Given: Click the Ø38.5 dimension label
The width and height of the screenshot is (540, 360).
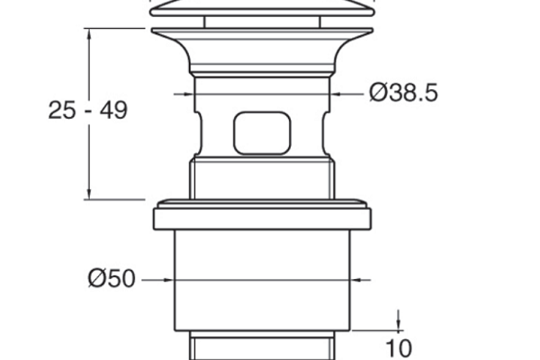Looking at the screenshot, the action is [403, 93].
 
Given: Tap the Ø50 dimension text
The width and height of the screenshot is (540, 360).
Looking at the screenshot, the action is [112, 278].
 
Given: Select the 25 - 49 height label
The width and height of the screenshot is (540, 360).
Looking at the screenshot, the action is [88, 110].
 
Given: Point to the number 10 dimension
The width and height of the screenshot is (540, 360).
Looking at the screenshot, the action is [399, 348].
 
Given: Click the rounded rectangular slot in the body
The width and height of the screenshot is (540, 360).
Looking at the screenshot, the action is [262, 133].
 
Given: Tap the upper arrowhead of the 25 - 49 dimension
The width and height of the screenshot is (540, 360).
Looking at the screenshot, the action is [89, 34].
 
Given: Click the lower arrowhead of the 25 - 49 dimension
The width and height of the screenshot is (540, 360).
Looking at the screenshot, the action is [89, 193].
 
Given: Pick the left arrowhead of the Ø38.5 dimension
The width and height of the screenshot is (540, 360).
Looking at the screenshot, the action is [189, 94].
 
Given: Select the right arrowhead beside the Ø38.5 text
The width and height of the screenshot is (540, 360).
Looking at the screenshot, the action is [336, 94].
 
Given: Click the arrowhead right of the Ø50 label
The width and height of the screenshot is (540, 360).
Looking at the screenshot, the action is [169, 280].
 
